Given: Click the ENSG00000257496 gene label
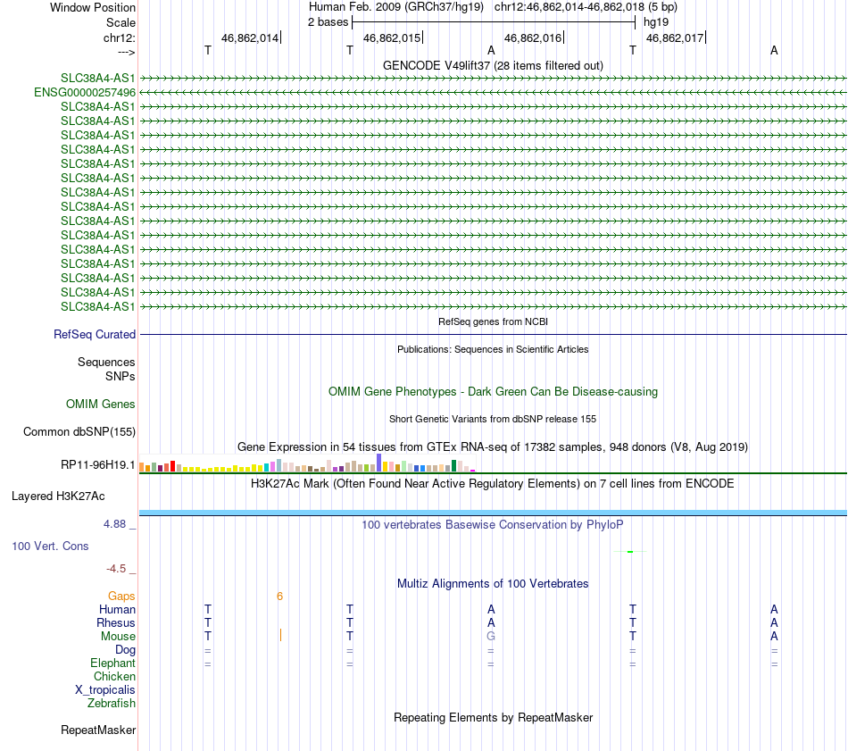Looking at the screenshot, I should pos(85,92).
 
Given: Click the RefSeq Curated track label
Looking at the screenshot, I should pos(95,335).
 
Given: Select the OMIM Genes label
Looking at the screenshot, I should pos(101,405).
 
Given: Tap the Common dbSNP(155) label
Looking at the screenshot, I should pos(79,432).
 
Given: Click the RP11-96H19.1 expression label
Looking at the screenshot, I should pos(97,465).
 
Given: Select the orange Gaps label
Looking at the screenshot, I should pos(121,596).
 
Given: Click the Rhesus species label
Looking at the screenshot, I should pos(116,622).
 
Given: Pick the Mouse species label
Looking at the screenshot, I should pos(119,636).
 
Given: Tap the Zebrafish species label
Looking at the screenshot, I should pos(112,703).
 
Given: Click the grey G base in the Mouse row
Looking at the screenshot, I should pos(490,636).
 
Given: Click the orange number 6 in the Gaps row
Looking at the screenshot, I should pos(279,596).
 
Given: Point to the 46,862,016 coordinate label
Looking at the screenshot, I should pos(533,38).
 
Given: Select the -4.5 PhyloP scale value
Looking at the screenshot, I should pos(120,568).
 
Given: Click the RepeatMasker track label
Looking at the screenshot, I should pos(98,730).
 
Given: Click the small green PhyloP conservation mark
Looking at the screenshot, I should pos(630,552).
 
